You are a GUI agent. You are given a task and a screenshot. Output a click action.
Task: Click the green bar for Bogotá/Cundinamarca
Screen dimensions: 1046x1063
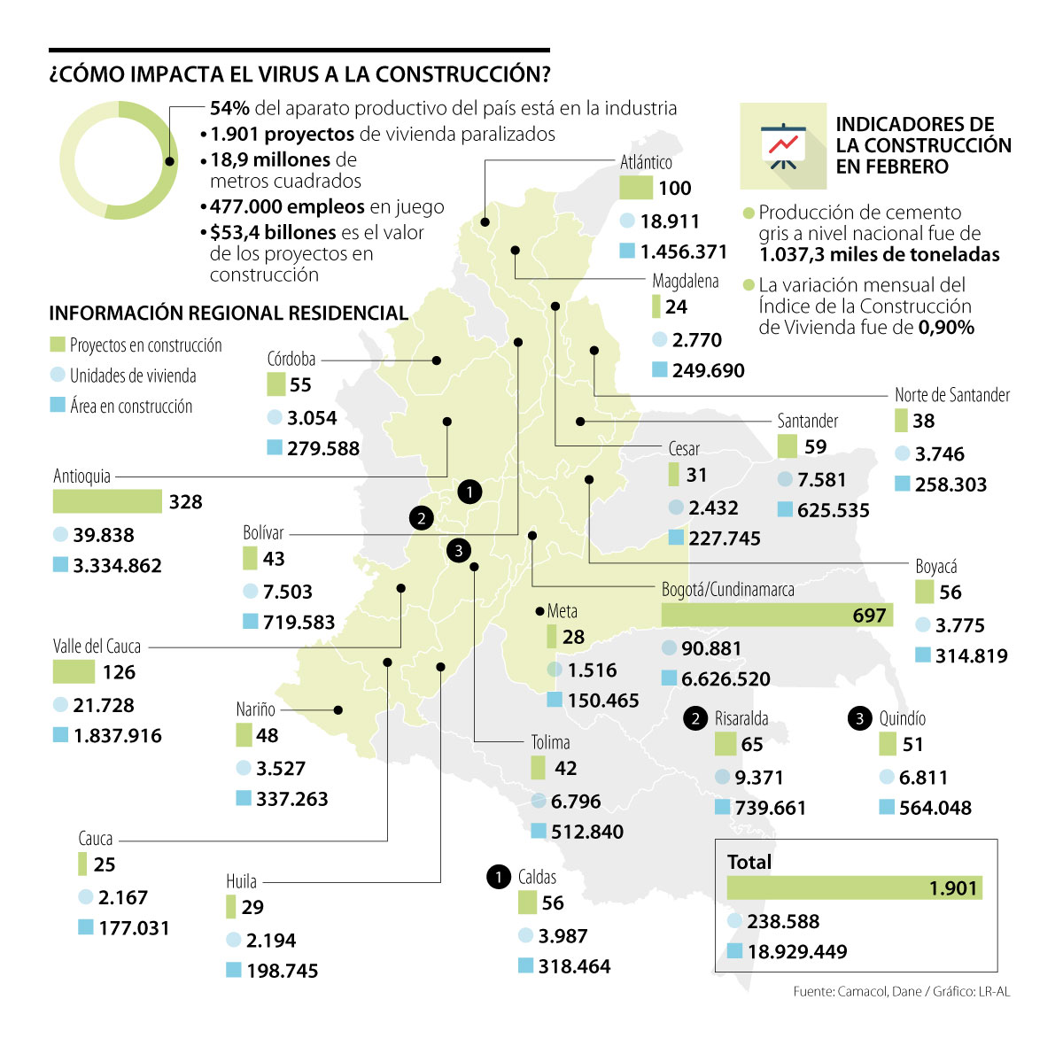coord(777,615)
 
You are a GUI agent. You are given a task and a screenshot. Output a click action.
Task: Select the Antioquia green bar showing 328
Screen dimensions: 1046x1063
coord(107,501)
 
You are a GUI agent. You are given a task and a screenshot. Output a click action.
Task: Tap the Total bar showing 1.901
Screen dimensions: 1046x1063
coord(854,887)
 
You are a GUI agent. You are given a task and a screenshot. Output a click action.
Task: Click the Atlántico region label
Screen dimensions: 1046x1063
coord(646,162)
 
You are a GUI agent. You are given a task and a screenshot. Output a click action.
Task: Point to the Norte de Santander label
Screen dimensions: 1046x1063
coord(951,395)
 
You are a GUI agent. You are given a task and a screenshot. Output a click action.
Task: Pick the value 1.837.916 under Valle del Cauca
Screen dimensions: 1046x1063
coord(118,735)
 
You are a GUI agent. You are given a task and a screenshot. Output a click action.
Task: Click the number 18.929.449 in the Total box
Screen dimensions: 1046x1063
coord(797,952)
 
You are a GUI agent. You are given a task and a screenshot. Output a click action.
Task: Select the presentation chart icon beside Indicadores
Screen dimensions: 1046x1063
coord(782,146)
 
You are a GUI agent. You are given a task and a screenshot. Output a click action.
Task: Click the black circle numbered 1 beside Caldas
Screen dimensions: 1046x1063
coord(499,877)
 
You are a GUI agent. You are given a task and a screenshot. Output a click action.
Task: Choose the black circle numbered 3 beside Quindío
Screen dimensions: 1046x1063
coord(860,718)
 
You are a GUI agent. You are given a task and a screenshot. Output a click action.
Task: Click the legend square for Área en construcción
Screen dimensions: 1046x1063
coord(58,406)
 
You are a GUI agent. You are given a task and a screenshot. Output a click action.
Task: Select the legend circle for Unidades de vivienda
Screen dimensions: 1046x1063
coord(58,375)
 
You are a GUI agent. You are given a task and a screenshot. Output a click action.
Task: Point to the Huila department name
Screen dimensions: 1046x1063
coord(241,881)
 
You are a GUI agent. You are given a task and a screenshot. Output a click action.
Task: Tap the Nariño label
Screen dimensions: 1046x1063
coord(255,709)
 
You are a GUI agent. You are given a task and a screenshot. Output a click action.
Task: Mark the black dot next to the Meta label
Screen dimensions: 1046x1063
coord(539,611)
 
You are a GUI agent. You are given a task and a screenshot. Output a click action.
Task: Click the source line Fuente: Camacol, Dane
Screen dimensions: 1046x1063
coord(901,992)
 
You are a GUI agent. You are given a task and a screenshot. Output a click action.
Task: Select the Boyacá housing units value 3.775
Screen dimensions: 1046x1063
coord(959,625)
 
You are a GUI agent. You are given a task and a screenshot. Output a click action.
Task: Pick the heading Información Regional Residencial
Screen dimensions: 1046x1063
coord(229,313)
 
